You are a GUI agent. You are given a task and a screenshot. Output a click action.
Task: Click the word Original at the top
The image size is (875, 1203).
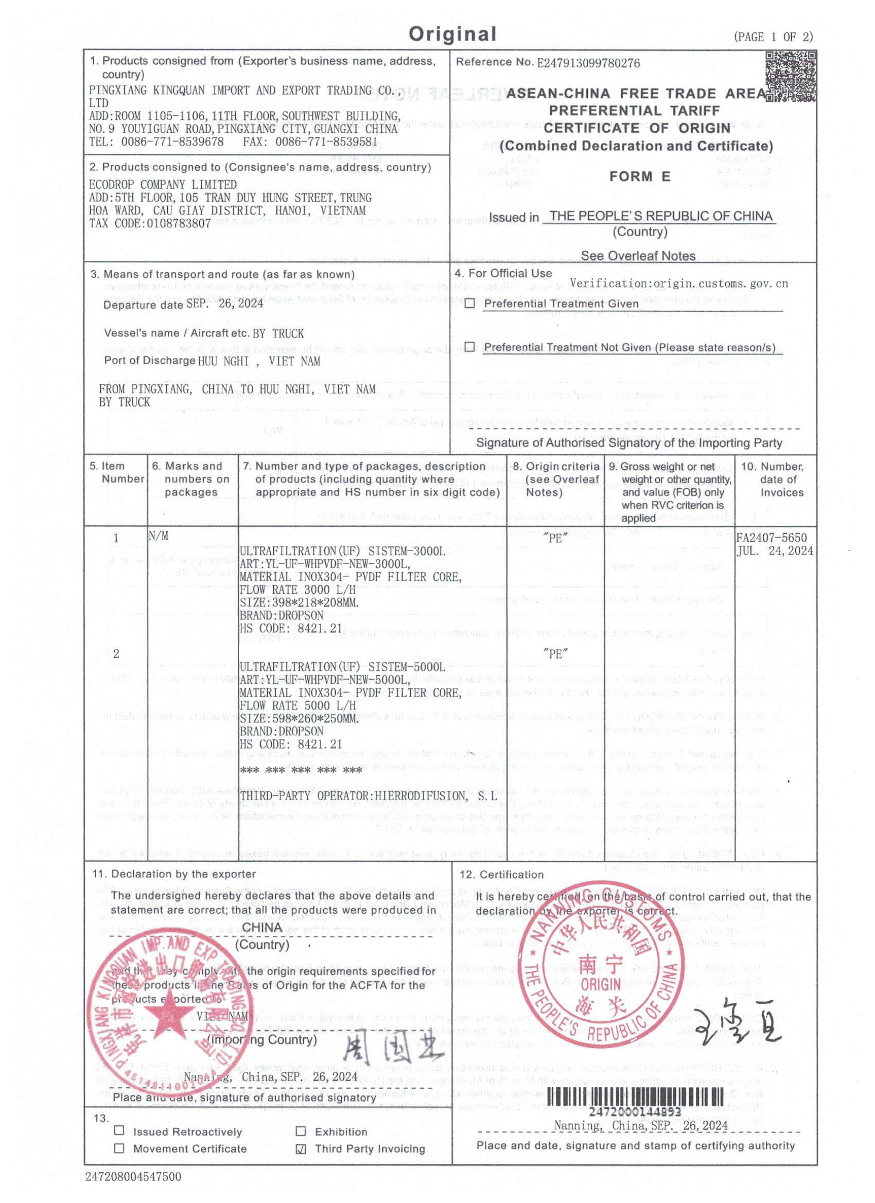click(452, 34)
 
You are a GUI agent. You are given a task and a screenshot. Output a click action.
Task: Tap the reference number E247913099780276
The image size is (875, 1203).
click(588, 63)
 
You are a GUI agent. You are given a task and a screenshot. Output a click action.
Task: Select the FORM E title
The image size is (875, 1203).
click(639, 176)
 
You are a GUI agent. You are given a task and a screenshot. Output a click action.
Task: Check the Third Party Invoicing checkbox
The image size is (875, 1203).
click(301, 1149)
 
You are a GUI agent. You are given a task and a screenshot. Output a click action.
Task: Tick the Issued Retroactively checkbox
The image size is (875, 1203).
click(119, 1131)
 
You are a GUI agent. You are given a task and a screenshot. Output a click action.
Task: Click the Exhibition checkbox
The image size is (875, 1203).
click(301, 1131)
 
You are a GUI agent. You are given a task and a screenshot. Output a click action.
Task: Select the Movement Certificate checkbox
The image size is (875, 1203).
click(119, 1148)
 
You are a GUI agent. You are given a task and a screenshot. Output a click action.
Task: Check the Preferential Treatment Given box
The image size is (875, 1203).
click(469, 304)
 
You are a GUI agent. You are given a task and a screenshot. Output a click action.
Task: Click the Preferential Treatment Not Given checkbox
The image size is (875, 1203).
click(469, 347)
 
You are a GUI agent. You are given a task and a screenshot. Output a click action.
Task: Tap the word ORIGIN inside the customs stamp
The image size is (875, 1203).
click(601, 985)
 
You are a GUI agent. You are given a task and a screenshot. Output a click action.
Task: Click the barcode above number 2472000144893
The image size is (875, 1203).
click(635, 1096)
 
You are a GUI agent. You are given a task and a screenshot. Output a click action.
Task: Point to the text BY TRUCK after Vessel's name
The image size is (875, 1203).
click(278, 333)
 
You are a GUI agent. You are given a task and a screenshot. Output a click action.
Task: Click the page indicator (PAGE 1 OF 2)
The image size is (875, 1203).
click(773, 37)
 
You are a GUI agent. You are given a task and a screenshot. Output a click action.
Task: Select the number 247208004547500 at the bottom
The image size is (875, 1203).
click(133, 1177)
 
